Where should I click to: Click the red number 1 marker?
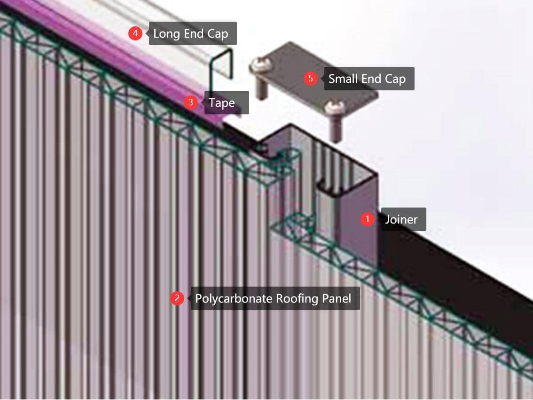(367, 219)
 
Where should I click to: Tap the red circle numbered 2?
(177, 298)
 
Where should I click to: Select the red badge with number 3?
(191, 102)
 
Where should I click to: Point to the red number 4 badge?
(135, 33)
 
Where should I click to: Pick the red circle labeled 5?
(310, 78)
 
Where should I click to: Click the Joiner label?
(403, 219)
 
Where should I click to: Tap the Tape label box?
(227, 103)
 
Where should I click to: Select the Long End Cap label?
(193, 33)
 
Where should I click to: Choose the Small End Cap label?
(369, 79)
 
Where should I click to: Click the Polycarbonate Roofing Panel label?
(275, 298)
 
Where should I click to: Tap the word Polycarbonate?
(234, 298)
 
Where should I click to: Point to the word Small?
(343, 79)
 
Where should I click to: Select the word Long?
(166, 34)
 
